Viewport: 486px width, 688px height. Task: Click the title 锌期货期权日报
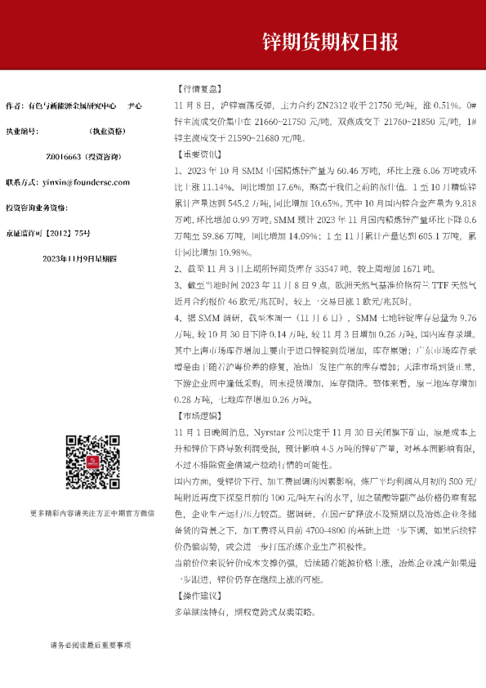[x=329, y=41]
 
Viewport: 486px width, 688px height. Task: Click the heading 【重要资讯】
[x=198, y=154]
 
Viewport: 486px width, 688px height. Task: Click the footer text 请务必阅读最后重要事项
[x=91, y=645]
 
